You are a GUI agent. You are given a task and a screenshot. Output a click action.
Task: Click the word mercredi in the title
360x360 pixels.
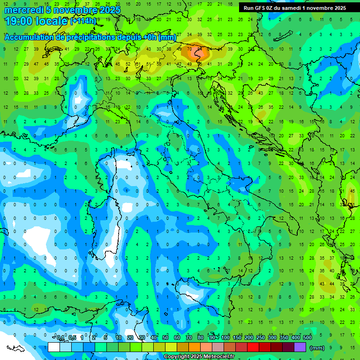[x=24, y=10]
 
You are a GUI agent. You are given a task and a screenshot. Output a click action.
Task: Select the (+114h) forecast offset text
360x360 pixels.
[x=83, y=21]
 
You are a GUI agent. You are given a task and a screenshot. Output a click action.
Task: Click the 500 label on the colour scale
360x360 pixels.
[x=307, y=338]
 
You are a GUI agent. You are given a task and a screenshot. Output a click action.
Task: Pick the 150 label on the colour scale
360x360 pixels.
[x=237, y=338]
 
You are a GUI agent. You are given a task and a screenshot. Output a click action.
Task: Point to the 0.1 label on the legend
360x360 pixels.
[x=60, y=338]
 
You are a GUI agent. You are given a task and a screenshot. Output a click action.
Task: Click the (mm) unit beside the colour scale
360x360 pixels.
[x=318, y=347]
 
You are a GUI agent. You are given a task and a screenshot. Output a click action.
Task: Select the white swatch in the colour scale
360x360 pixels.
[x=54, y=347]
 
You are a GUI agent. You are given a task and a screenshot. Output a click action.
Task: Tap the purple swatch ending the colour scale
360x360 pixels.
[x=300, y=347]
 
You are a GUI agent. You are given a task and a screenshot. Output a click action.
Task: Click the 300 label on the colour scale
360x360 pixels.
[x=272, y=338]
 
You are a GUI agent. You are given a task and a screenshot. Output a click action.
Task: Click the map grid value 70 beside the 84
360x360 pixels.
[x=189, y=49]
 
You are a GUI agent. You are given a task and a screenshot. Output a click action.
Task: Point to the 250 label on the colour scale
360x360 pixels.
[x=261, y=338]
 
